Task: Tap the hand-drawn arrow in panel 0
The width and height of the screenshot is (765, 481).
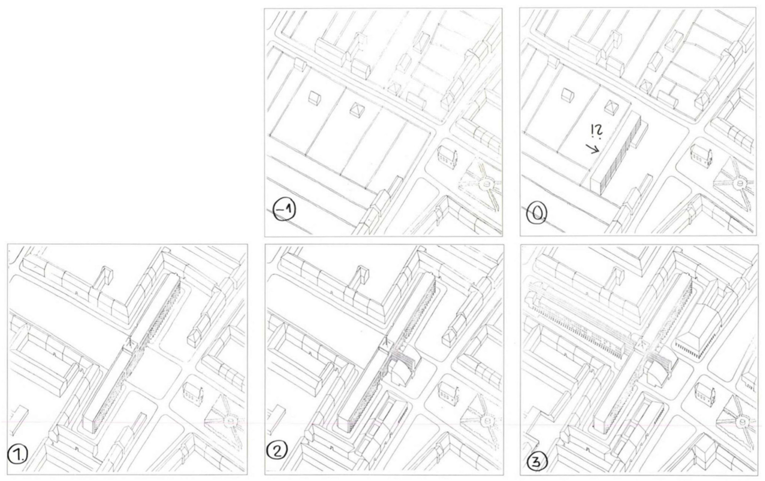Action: click(x=593, y=148)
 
